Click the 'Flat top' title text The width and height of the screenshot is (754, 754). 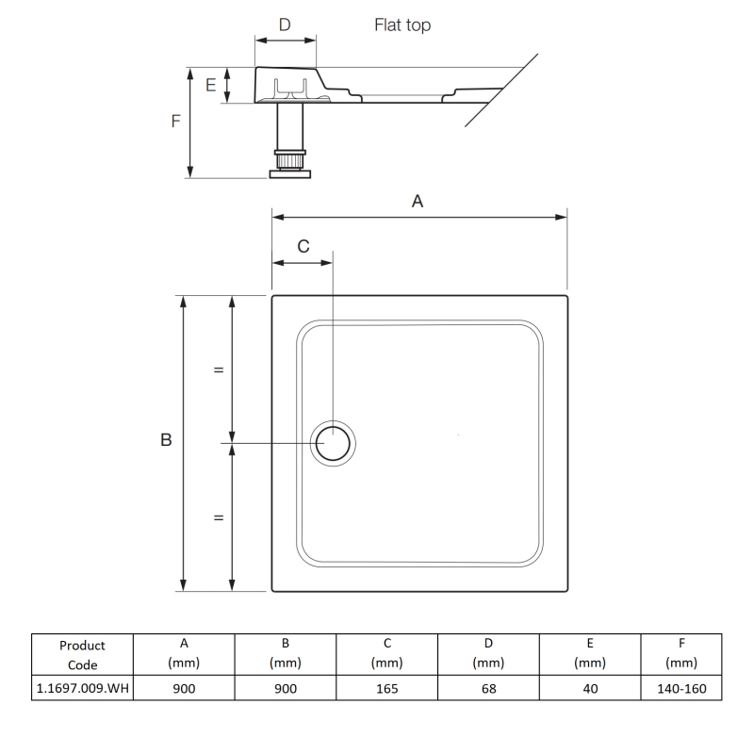pos(403,25)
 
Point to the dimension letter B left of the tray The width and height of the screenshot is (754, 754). pos(166,441)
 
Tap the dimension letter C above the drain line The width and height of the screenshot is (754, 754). pos(303,246)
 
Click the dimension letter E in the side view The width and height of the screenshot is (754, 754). pos(211,86)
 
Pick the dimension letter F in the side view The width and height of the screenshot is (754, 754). pos(176,122)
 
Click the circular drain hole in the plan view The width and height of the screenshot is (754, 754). pos(334,442)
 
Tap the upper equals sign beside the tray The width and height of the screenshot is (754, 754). pos(219,370)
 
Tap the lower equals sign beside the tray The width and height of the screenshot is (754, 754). pos(219,517)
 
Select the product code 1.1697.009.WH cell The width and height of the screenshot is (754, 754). pos(82,688)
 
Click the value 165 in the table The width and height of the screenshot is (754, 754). pos(386,688)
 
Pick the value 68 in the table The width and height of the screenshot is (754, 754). pos(488,688)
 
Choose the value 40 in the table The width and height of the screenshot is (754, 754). pos(589,688)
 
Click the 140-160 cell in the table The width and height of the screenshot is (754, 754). pos(680,688)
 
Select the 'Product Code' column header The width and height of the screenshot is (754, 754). pos(82,654)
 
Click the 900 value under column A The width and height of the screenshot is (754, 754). pos(184,688)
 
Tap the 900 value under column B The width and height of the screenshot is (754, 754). pos(286,688)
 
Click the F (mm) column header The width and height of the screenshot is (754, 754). pos(680,654)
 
